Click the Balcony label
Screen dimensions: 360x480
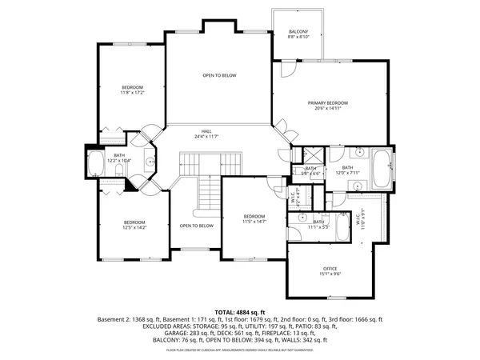tap(298, 31)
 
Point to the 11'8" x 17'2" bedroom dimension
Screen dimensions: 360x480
tap(132, 93)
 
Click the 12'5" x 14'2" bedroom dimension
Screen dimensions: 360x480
tap(134, 228)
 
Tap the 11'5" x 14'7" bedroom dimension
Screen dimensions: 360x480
tap(254, 222)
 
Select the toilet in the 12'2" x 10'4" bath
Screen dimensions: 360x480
tap(150, 163)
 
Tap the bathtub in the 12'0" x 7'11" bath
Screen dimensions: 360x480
tap(382, 167)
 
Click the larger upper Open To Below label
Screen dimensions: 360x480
tap(218, 75)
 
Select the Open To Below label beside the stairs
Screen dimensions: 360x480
tap(196, 226)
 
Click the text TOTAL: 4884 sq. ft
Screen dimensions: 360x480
tap(240, 311)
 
